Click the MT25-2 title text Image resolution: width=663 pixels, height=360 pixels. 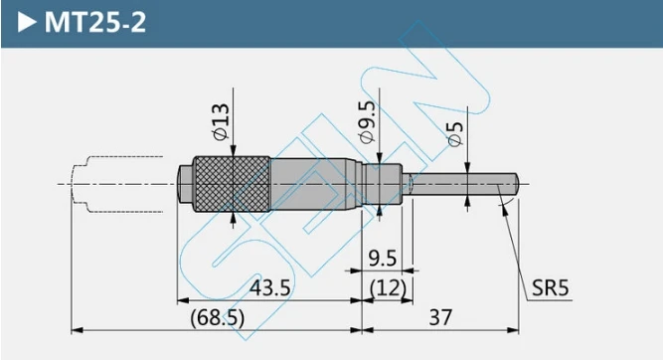(x=95, y=22)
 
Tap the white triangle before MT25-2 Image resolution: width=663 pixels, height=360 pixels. (x=28, y=23)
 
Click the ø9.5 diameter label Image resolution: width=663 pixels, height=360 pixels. (x=366, y=122)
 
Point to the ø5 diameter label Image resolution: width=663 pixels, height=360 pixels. (x=455, y=134)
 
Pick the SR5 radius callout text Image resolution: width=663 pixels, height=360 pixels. (x=550, y=288)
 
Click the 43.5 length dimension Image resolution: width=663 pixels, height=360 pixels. (x=269, y=288)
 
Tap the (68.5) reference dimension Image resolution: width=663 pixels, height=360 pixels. (x=218, y=317)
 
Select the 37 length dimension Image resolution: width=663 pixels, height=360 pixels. (x=440, y=317)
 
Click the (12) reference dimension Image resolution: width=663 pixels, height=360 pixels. (x=388, y=288)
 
